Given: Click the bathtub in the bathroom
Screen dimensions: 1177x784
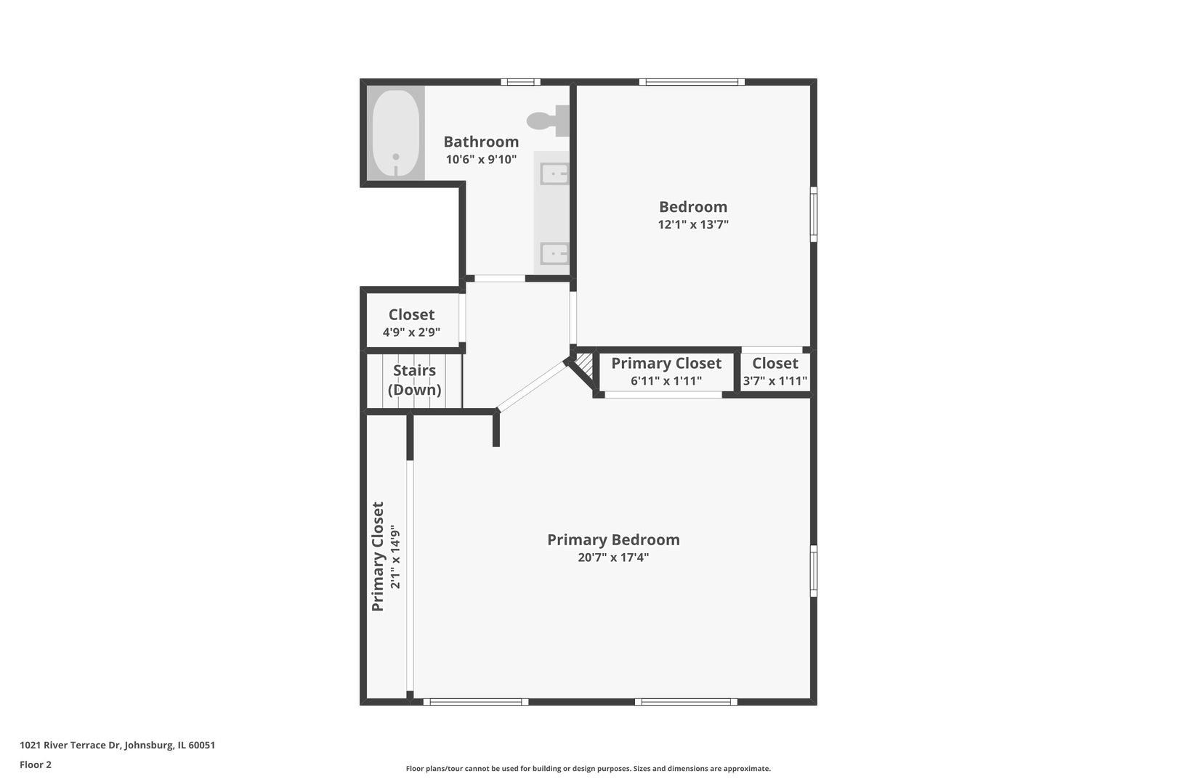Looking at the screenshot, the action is (396, 134).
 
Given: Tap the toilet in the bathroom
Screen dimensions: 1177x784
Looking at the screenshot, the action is (548, 121).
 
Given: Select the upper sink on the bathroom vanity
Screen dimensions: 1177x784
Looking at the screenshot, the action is (554, 173).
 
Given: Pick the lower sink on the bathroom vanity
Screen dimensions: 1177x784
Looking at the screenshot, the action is (554, 253).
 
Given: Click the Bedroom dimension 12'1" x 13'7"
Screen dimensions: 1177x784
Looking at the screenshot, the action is (693, 225).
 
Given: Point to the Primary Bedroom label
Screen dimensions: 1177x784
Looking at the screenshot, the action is (613, 540).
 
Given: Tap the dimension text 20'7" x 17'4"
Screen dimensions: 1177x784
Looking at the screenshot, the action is (613, 558).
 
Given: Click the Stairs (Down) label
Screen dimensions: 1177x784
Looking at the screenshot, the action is (415, 380).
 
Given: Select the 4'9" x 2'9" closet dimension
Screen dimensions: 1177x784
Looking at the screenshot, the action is (411, 332).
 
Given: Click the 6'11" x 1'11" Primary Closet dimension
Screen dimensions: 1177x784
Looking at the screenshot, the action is (666, 380).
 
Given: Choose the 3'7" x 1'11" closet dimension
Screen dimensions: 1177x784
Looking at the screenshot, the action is (775, 380).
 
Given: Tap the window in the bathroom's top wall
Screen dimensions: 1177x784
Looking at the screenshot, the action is (520, 82).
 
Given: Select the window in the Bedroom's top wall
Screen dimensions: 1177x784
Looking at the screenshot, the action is (692, 82).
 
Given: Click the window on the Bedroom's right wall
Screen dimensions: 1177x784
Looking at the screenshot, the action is (814, 214).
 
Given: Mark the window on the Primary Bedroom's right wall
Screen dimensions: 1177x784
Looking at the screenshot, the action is (814, 571).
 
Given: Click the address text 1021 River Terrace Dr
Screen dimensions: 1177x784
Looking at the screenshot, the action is (70, 745).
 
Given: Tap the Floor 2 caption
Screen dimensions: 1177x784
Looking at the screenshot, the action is (36, 764).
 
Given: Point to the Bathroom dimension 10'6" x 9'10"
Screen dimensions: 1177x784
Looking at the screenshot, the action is (481, 160).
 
